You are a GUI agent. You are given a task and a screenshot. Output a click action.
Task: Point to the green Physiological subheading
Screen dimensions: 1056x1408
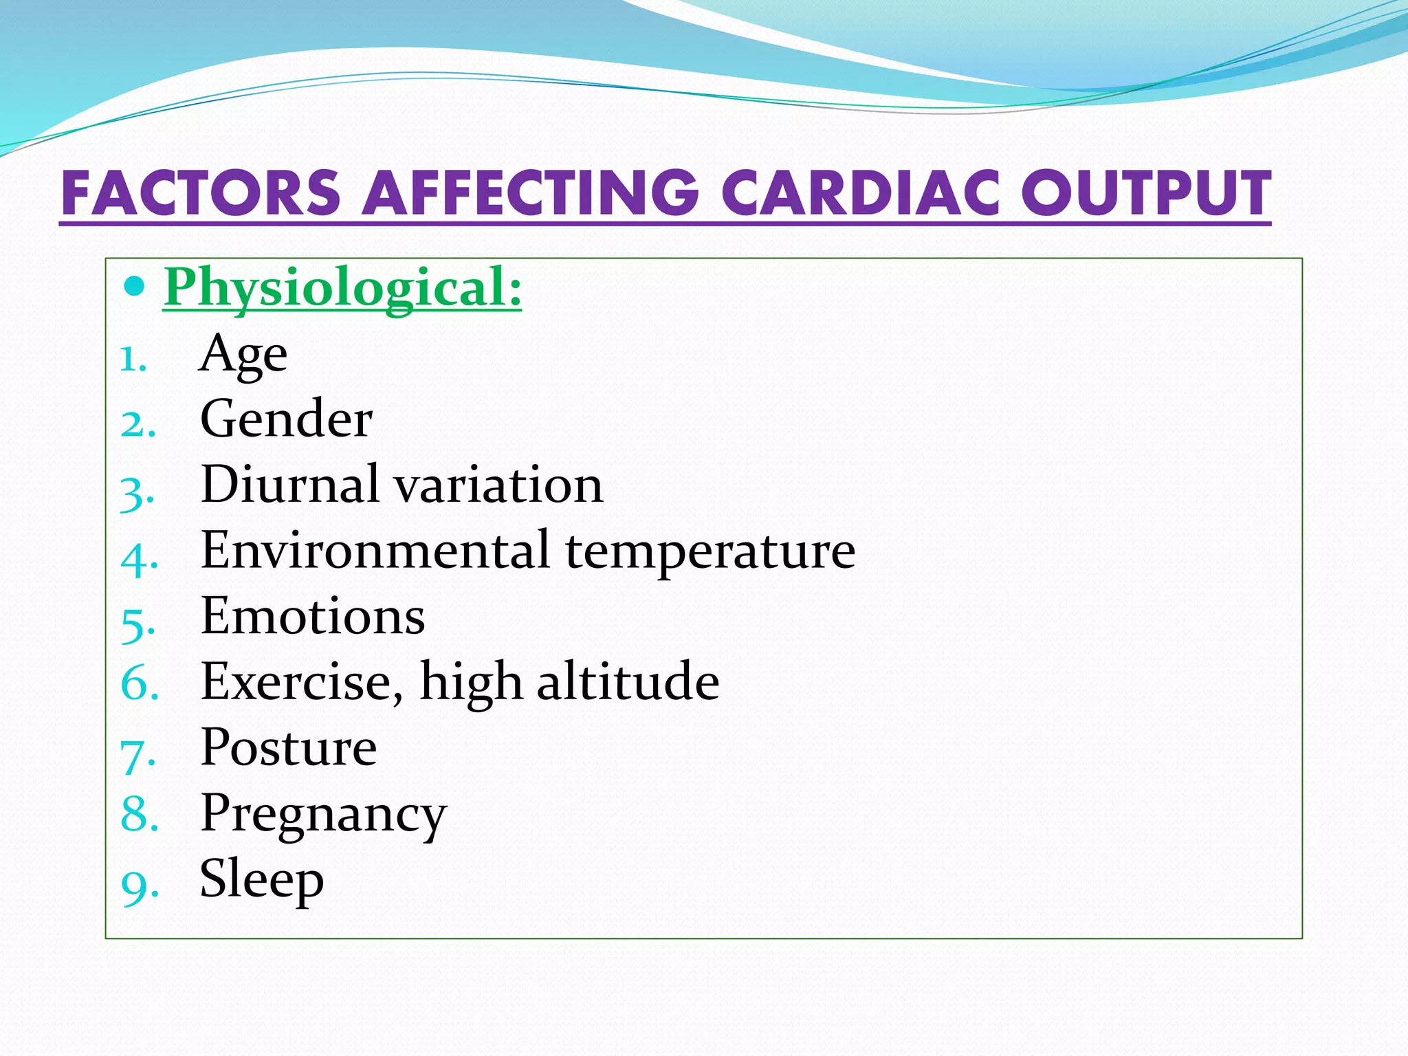tap(342, 287)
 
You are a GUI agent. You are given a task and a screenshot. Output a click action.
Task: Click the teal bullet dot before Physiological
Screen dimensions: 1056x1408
tap(135, 285)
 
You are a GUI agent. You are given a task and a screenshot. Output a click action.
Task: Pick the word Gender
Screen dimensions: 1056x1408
tap(286, 419)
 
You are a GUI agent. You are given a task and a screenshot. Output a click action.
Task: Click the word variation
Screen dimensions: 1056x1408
tap(499, 484)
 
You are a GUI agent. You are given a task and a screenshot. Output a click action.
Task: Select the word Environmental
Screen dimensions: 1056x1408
tap(375, 550)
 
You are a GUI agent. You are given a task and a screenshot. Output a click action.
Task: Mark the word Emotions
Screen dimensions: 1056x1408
tap(313, 616)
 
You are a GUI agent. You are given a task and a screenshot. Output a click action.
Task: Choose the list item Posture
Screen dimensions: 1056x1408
tap(289, 747)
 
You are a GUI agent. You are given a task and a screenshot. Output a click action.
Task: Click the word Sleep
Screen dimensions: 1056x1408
tap(261, 880)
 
